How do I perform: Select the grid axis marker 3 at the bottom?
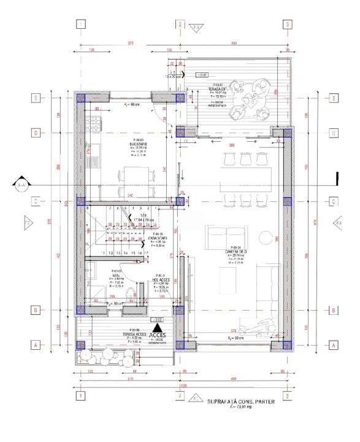pos(286,396)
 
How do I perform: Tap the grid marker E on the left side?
pos(36,98)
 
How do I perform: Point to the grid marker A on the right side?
pos(334,345)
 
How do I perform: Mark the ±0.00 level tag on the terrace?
pos(201,76)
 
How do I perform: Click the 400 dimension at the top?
pos(234,44)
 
